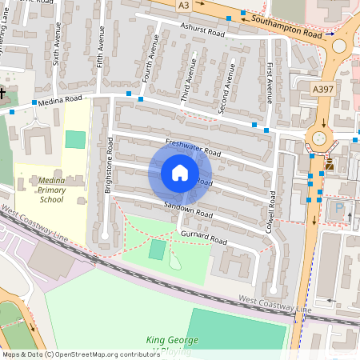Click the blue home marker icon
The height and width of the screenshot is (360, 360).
[180, 173]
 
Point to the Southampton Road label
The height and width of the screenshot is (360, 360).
[286, 27]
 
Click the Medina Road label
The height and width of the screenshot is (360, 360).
[63, 100]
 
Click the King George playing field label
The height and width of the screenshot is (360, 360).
[171, 345]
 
